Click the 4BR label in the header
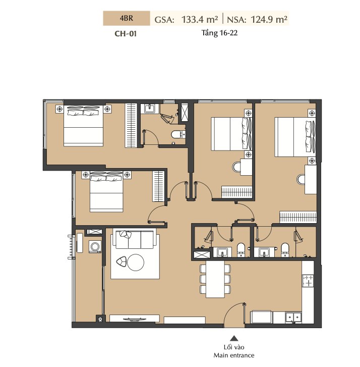[127, 18]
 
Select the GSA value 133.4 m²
[200, 19]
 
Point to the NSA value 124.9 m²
[269, 19]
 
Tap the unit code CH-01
[126, 34]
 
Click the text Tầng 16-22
[219, 33]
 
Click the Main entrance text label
[234, 355]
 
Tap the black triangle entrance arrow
[234, 338]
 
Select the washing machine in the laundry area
[95, 246]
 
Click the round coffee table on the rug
[136, 263]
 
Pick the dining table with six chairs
[215, 279]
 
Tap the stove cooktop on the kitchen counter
[308, 281]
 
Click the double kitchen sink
[293, 318]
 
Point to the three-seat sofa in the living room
[135, 239]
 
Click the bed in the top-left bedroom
[84, 126]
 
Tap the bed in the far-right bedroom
[295, 137]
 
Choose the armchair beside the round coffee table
[122, 261]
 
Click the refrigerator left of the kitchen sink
[261, 317]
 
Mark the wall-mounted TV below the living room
[135, 319]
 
